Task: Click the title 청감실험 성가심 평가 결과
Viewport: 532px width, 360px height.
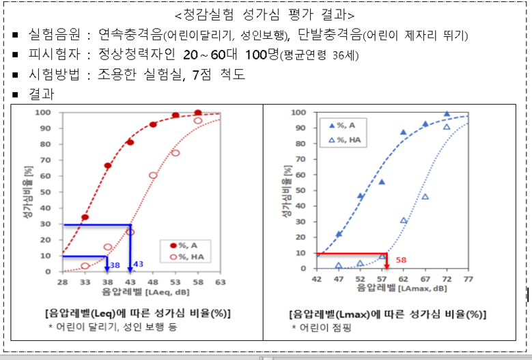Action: [x=266, y=14]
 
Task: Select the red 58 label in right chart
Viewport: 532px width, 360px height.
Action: [x=402, y=260]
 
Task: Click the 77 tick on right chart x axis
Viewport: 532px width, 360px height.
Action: [x=468, y=279]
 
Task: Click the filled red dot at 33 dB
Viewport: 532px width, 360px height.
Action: [x=85, y=218]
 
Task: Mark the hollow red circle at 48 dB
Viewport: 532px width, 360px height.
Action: [x=153, y=176]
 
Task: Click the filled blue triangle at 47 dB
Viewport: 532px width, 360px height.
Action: [x=339, y=234]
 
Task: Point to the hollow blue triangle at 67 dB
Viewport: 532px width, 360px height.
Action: [x=425, y=197]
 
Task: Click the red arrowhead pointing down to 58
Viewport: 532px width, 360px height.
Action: [x=387, y=264]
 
